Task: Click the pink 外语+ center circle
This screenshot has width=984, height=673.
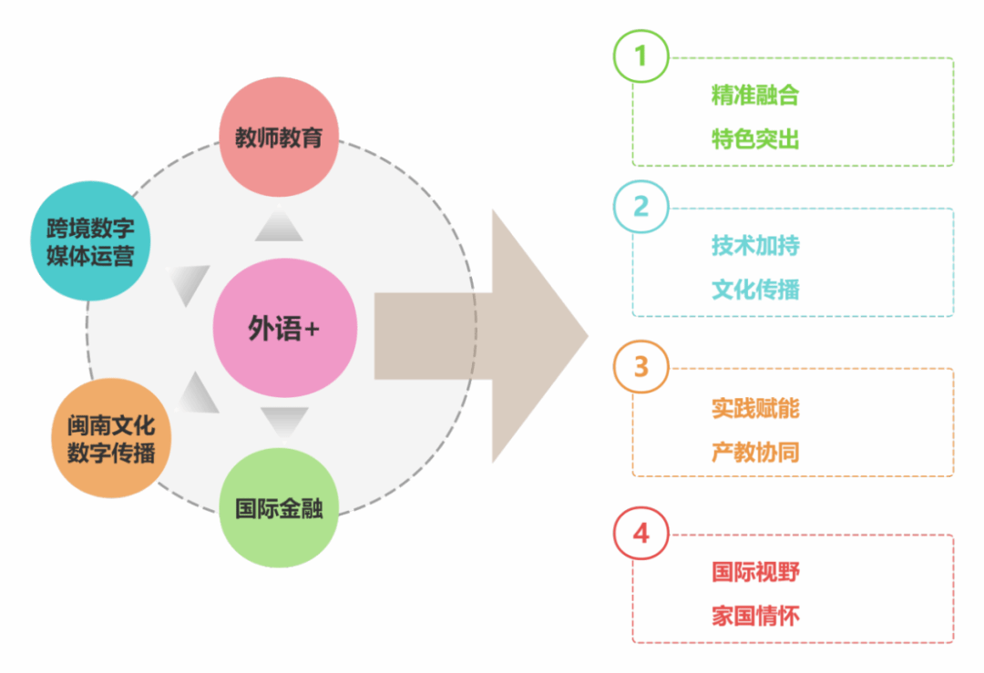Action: [x=284, y=328]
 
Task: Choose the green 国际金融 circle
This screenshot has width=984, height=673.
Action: [x=279, y=508]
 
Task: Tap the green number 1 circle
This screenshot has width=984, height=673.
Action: [x=641, y=56]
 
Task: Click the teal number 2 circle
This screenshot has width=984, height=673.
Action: [x=641, y=207]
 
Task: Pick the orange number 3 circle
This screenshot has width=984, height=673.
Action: [x=641, y=367]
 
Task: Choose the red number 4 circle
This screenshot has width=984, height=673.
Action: [x=641, y=533]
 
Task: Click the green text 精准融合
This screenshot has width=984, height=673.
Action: [x=755, y=95]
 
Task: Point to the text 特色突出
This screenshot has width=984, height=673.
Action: [x=755, y=139]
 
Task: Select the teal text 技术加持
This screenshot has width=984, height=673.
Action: [x=755, y=246]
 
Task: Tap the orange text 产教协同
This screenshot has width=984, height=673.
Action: [x=755, y=452]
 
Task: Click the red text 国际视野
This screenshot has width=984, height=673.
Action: [x=755, y=572]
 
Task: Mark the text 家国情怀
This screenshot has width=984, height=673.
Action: [x=755, y=617]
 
